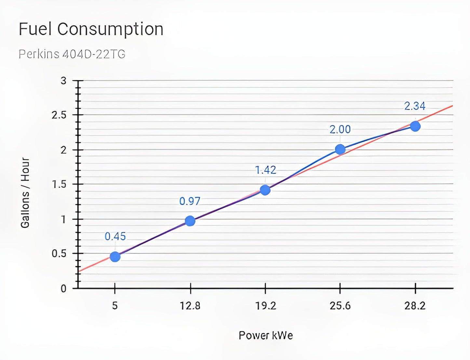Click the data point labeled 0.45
(x=115, y=257)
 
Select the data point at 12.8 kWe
(x=190, y=221)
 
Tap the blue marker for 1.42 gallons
(x=265, y=190)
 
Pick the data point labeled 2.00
(x=340, y=149)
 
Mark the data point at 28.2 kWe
(x=415, y=126)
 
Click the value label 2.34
(x=415, y=106)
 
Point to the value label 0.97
(x=190, y=201)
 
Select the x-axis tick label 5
(x=115, y=306)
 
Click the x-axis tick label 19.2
(x=265, y=306)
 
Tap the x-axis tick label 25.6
(x=340, y=306)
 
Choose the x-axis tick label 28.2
(x=415, y=306)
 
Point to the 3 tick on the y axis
(x=63, y=81)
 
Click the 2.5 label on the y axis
(x=59, y=115)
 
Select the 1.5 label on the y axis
(x=59, y=184)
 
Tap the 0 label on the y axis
(x=63, y=288)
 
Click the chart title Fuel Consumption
(x=91, y=29)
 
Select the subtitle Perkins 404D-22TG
(x=72, y=54)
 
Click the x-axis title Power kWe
(x=266, y=335)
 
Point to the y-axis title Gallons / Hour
(x=25, y=193)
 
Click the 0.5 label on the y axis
(x=59, y=254)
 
